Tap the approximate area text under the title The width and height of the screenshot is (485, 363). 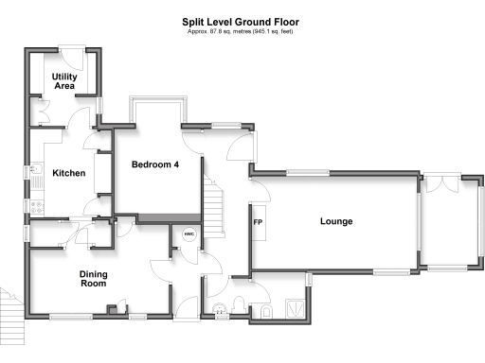[242, 31]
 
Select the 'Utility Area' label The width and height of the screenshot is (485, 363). [64, 80]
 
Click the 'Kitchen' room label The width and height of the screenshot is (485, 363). [68, 173]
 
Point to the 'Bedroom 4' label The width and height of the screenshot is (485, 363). [155, 164]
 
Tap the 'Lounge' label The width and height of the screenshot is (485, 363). [335, 222]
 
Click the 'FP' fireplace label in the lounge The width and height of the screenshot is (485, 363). [257, 223]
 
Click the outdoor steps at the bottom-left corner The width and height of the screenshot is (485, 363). [9, 306]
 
